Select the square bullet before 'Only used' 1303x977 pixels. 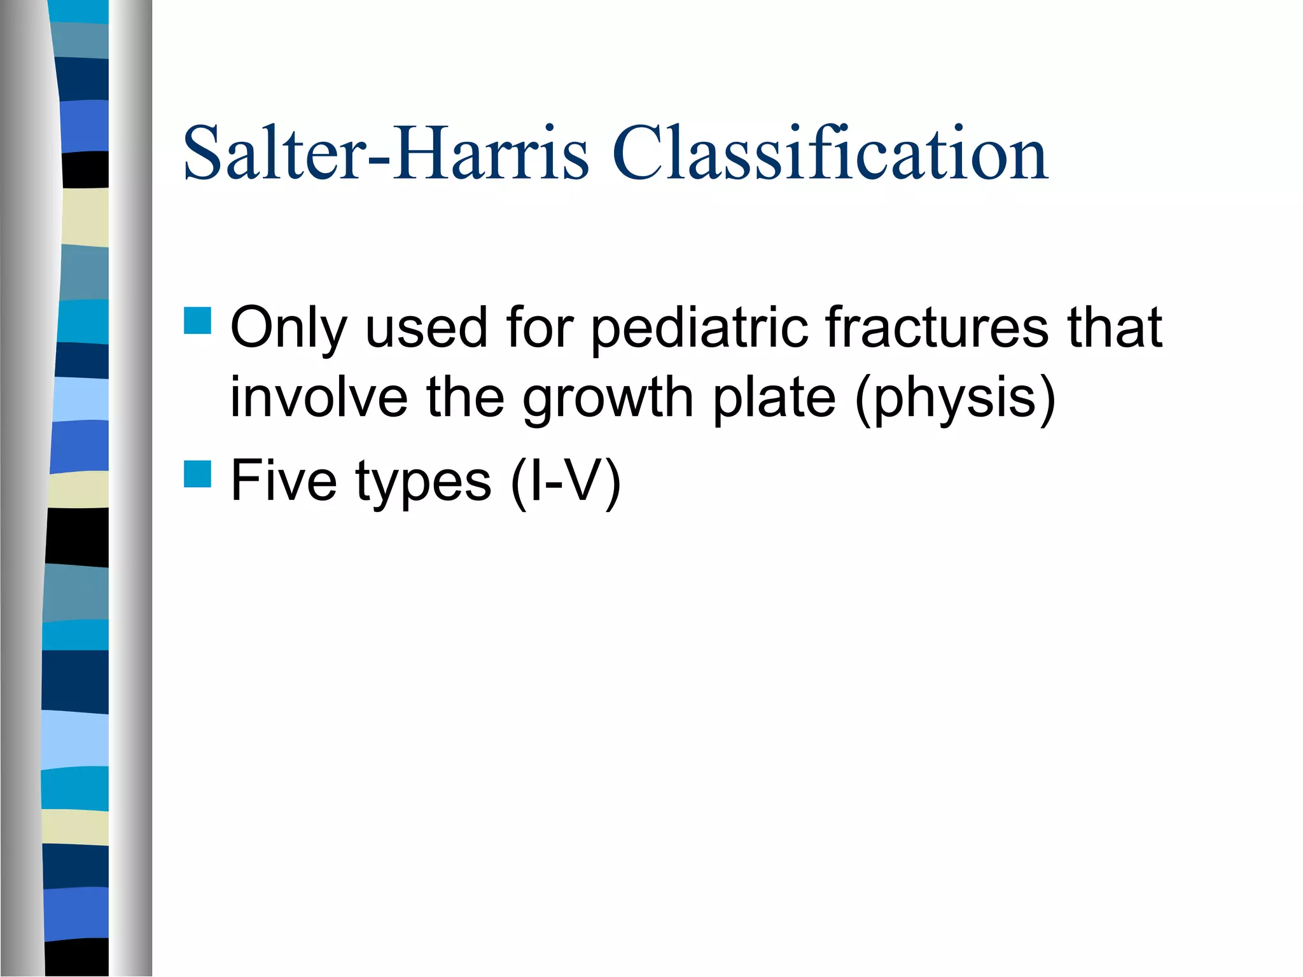coord(197,321)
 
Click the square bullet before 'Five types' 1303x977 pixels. coord(197,474)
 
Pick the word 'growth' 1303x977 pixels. coord(608,399)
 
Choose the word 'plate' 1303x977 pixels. coord(773,399)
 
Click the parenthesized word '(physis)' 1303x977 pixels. coord(955,399)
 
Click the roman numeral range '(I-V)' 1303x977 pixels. coord(566,482)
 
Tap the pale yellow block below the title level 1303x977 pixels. coord(85,218)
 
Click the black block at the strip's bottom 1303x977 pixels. coord(76,957)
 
